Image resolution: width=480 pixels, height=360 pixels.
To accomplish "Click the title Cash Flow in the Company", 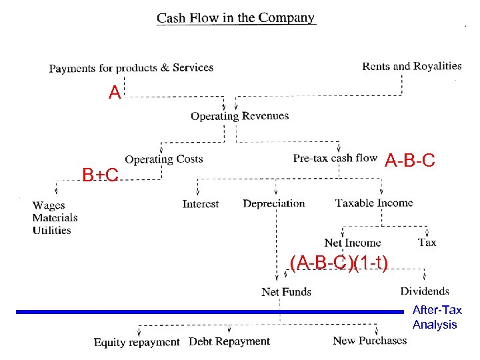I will click(x=235, y=18).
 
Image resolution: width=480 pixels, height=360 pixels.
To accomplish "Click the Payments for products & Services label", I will click(x=131, y=67).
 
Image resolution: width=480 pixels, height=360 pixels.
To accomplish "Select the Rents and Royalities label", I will click(x=411, y=66).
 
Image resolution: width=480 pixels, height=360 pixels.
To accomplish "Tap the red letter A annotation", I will click(x=115, y=93).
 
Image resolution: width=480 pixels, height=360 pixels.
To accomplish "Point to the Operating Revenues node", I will click(x=239, y=116).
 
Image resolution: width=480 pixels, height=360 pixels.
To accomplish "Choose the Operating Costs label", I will click(x=164, y=159).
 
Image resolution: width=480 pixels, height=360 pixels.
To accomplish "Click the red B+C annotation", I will click(x=100, y=175).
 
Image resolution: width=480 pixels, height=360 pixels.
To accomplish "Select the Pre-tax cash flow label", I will click(x=335, y=158).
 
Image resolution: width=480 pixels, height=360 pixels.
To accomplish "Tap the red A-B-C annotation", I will click(x=410, y=161).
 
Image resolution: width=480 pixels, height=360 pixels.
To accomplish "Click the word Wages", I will click(x=49, y=205).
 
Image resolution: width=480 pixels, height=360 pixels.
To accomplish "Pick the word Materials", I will click(x=55, y=218).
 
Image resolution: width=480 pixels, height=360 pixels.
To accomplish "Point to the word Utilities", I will click(x=51, y=231).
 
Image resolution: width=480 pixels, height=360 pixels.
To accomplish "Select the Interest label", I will click(x=201, y=204).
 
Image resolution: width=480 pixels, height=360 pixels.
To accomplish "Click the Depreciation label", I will click(x=273, y=203).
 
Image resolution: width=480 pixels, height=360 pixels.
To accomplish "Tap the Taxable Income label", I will click(x=374, y=203).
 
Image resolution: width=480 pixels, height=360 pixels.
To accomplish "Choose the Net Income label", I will click(x=353, y=243).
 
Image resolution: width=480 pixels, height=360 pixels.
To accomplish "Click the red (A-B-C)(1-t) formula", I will click(x=339, y=263).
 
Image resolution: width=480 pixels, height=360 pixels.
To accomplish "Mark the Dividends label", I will click(x=425, y=291).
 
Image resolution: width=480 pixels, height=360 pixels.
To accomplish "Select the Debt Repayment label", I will click(x=229, y=341).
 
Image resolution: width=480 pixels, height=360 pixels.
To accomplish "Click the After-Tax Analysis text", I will click(x=435, y=317).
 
